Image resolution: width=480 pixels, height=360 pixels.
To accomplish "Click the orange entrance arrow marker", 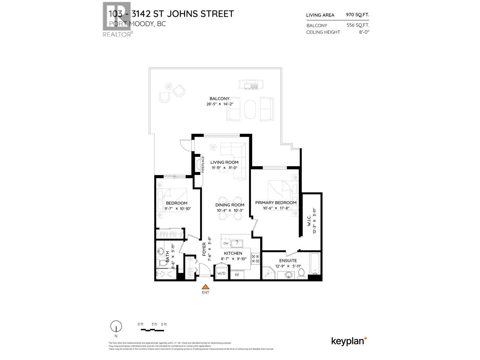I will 205,286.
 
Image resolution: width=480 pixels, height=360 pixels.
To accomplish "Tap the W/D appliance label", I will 221,274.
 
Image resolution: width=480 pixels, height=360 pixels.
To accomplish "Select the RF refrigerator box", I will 237,275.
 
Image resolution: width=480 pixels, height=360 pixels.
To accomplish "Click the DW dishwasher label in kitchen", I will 226,243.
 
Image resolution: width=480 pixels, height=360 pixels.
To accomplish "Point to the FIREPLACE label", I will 203,164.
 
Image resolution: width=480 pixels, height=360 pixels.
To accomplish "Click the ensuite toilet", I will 301,273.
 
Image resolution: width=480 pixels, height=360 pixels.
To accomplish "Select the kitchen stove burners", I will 255,259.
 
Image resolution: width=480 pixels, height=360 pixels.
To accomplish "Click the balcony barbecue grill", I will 251,84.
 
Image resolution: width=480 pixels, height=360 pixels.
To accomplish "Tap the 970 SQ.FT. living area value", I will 358,15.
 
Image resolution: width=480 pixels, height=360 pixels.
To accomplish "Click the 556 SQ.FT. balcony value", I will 358,25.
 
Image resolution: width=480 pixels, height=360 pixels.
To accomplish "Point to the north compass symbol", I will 116,326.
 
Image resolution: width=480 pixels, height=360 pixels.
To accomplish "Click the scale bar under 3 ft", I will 153,330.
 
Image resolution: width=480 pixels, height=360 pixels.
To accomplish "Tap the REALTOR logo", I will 117,19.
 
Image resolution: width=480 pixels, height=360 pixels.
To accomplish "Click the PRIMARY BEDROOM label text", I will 276,202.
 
